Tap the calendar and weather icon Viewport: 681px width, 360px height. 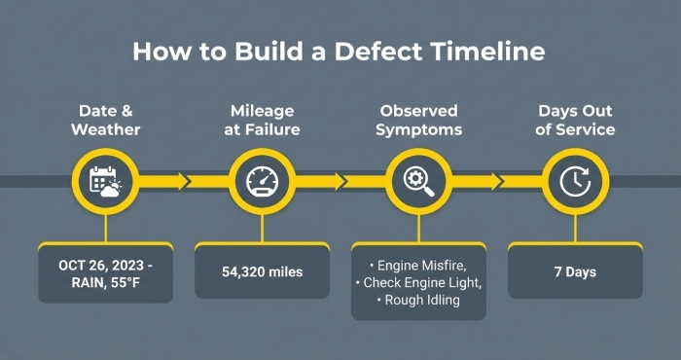[105, 181]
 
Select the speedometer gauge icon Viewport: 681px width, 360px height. [262, 181]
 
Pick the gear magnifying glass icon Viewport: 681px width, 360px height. [418, 181]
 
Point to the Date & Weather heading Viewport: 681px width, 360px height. [105, 120]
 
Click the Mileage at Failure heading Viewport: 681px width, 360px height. [262, 120]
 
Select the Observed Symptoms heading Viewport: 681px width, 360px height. [418, 120]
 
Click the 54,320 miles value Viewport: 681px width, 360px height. [262, 271]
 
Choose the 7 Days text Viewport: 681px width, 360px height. [575, 271]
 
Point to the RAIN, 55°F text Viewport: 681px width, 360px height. [105, 281]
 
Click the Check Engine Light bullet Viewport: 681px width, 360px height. [418, 281]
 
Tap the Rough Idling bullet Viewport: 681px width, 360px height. [418, 300]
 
